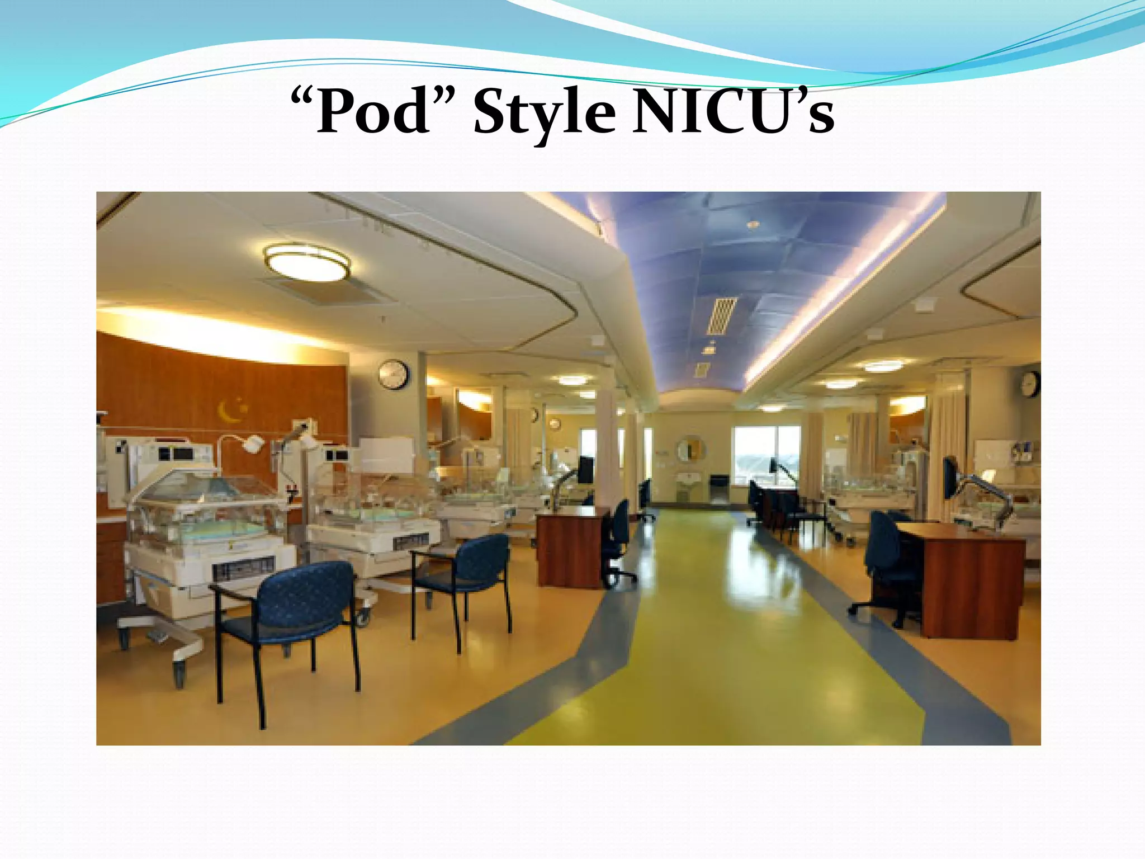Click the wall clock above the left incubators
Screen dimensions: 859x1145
pos(393,374)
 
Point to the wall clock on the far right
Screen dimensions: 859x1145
pos(1030,384)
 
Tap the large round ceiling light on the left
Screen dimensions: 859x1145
pos(306,262)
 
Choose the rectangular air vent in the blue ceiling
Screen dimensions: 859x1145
pos(722,315)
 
